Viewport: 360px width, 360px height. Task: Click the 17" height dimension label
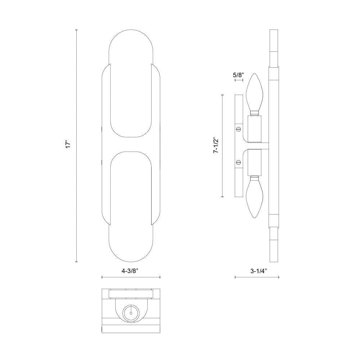(68, 145)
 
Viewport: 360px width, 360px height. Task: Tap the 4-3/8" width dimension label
(130, 271)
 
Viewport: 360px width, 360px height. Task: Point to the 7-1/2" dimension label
(216, 145)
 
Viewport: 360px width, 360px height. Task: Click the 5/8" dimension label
(238, 75)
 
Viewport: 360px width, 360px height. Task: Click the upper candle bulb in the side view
(254, 94)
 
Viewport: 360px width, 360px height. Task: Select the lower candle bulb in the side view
(254, 197)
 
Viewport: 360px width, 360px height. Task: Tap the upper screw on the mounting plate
(239, 129)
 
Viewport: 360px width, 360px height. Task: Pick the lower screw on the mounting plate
(239, 163)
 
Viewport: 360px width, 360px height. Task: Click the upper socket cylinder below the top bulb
(255, 129)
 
